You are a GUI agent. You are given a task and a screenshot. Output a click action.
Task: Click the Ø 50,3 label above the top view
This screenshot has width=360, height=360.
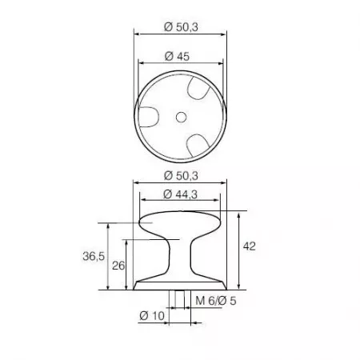coord(181,27)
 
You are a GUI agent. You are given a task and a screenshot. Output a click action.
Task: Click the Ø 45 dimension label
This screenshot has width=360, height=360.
coord(177,56)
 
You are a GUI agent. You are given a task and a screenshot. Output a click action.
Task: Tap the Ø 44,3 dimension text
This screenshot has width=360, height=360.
coord(180,194)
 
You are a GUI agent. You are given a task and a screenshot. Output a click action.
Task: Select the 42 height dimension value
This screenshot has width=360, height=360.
coord(249,246)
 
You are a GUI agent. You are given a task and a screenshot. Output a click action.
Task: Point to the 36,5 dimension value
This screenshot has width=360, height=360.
coord(94,256)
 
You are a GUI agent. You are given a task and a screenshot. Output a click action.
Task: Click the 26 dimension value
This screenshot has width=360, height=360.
coord(118,266)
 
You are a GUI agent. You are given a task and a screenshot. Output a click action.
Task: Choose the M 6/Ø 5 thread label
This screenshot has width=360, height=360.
coord(216,301)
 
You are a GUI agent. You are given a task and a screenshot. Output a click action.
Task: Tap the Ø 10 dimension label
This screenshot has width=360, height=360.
coord(152,316)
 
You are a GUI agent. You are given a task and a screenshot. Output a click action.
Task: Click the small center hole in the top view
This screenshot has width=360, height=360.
coord(181,117)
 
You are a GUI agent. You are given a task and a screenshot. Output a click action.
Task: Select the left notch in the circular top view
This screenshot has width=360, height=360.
coord(149,117)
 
